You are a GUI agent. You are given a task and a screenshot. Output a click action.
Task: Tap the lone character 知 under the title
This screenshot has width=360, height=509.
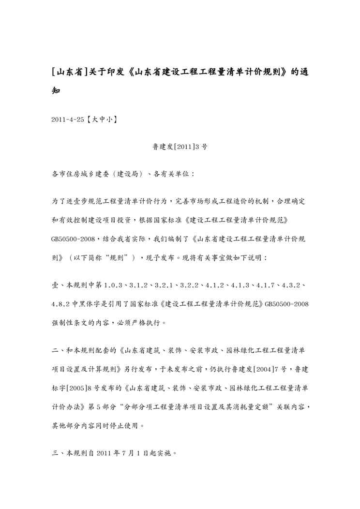[56, 90]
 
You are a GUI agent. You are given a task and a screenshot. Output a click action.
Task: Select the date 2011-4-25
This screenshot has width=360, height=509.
[67, 118]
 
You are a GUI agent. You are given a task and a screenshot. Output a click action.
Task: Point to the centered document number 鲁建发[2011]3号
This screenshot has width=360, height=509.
[180, 146]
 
